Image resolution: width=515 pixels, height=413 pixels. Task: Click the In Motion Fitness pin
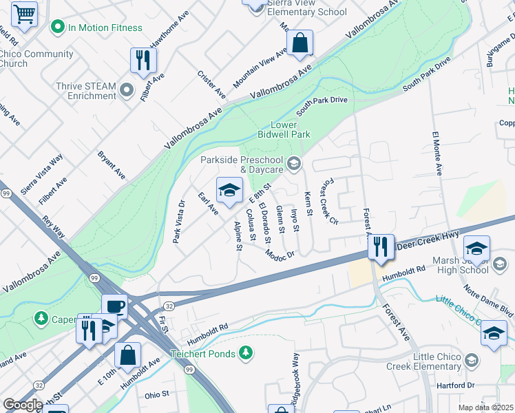coord(58,28)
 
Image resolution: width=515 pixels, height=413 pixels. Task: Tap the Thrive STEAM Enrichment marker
coord(127,90)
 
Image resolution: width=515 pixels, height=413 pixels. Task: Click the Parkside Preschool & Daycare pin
coord(294,163)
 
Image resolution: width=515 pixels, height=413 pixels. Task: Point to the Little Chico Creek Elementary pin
coord(472,361)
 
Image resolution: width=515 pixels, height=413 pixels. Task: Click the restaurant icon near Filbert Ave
coord(143,61)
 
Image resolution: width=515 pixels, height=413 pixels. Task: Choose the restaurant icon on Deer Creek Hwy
coord(380,246)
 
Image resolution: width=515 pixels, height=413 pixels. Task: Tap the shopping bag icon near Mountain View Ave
coord(300,43)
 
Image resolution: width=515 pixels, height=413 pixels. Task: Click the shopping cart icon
coord(24,12)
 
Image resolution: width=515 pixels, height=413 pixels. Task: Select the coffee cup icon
coord(115,306)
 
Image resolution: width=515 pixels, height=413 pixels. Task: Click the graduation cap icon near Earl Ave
coord(229,189)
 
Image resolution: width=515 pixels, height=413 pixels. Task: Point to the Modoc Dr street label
coord(280,254)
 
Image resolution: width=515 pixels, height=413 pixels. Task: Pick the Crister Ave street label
coord(211,84)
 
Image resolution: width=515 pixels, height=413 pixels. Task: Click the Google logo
coord(23,405)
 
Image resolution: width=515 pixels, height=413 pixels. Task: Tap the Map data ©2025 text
coord(485,407)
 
